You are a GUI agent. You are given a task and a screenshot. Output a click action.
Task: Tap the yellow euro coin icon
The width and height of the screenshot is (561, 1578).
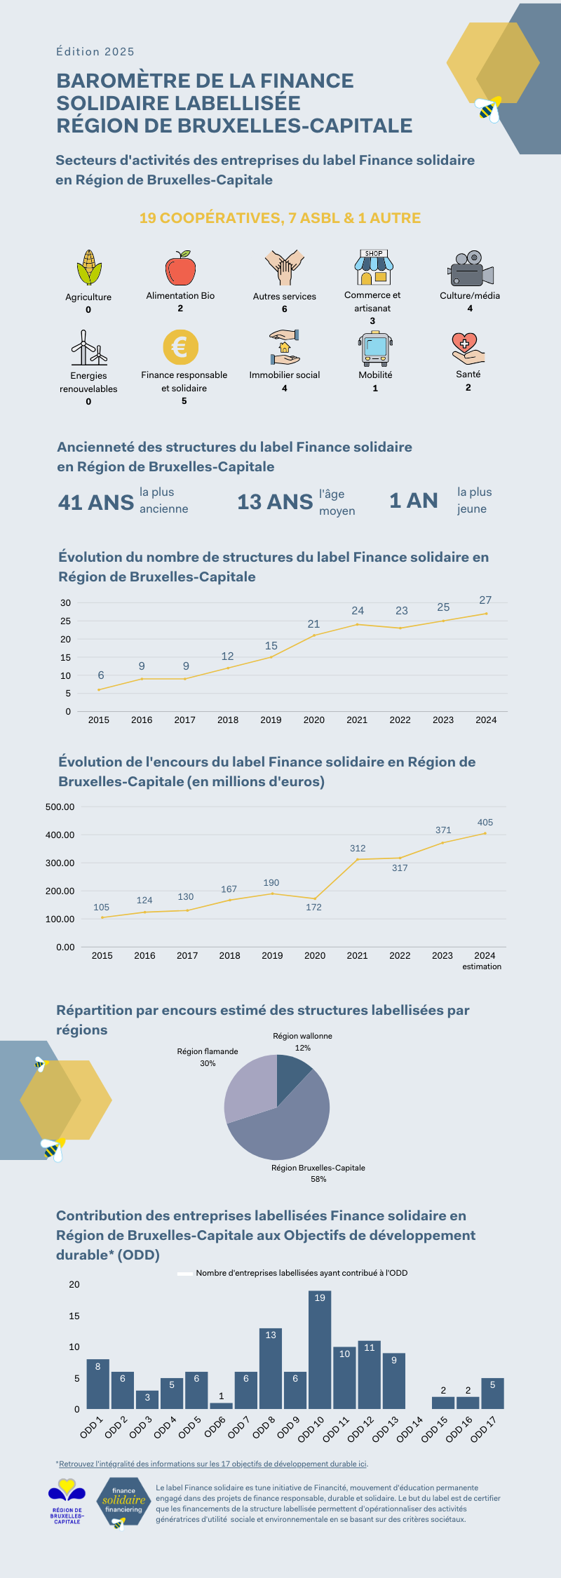click(180, 347)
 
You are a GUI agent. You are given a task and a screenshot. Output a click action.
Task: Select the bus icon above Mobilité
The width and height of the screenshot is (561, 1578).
click(375, 349)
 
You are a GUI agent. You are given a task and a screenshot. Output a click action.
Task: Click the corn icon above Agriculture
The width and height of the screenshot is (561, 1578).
click(88, 268)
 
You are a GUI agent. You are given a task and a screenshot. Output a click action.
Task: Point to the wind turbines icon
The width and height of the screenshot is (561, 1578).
click(88, 348)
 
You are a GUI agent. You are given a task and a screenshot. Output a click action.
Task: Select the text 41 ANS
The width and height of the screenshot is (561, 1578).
click(96, 502)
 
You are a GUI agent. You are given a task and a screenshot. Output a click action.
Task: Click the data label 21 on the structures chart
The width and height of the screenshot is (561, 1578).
click(313, 623)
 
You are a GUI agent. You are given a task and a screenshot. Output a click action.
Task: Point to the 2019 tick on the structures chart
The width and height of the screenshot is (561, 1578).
click(271, 720)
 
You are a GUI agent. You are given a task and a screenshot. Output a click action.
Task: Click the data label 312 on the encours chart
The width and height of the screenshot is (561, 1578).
click(358, 848)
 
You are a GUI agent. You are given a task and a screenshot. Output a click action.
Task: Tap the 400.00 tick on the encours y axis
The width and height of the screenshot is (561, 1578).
click(60, 835)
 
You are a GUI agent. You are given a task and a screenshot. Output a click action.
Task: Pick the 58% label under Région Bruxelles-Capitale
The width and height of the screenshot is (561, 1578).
click(318, 1179)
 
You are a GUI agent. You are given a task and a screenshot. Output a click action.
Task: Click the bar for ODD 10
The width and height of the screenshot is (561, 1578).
click(320, 1349)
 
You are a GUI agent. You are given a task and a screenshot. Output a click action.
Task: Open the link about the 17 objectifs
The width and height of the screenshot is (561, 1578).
click(213, 1464)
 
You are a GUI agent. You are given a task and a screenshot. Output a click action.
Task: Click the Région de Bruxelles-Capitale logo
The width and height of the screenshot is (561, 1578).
click(67, 1501)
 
